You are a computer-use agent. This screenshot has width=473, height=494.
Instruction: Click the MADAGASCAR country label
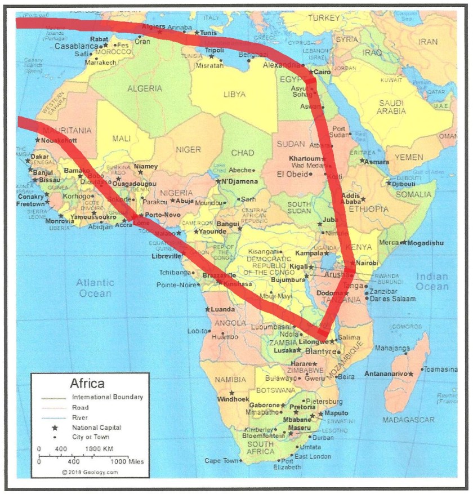click(408, 420)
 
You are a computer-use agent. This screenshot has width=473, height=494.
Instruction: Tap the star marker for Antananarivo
click(411, 373)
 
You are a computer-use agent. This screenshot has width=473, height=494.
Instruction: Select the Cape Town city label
click(221, 461)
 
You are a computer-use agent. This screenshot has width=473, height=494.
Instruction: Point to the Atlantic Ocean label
click(95, 288)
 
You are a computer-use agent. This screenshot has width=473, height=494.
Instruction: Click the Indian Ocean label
click(432, 282)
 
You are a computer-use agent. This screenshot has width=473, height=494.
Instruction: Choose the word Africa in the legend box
click(87, 384)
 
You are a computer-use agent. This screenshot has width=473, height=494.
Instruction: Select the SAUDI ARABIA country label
click(392, 107)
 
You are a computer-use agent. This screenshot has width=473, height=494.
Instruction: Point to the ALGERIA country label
click(145, 88)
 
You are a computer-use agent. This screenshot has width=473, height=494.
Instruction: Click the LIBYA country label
click(235, 94)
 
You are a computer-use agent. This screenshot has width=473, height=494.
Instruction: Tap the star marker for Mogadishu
click(403, 243)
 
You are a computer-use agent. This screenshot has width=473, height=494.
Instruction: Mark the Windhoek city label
click(233, 399)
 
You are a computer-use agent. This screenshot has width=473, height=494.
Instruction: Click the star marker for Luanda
click(208, 309)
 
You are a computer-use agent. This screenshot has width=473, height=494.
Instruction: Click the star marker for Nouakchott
click(37, 140)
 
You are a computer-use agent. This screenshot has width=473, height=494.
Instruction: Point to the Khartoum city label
click(305, 158)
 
